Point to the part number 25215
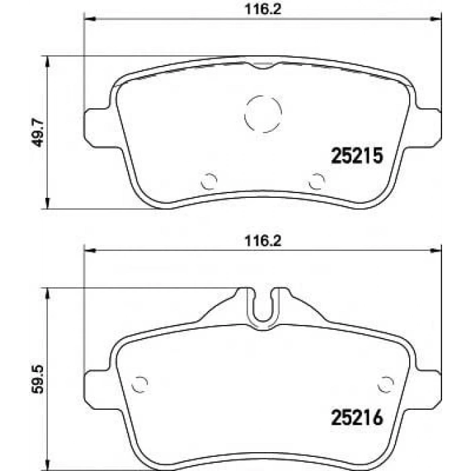click(x=357, y=157)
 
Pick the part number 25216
click(x=357, y=418)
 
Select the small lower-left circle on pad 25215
click(x=210, y=180)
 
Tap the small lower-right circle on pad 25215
click(x=316, y=180)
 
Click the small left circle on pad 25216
click(x=139, y=383)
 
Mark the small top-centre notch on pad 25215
click(x=262, y=65)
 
